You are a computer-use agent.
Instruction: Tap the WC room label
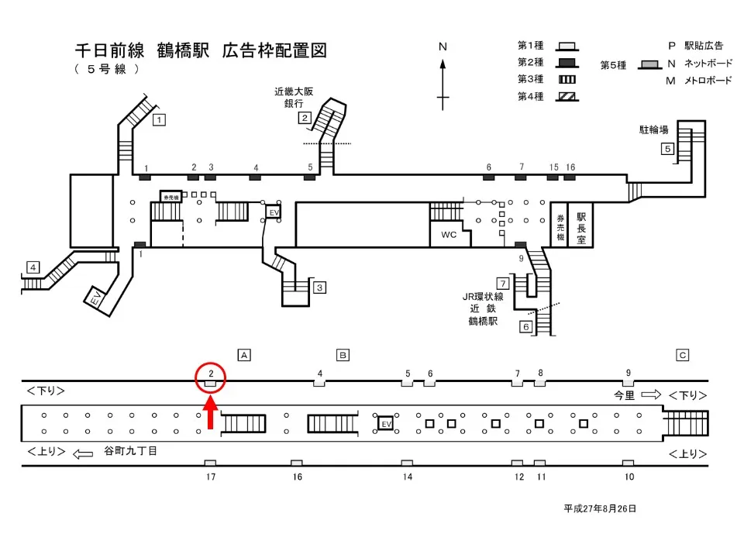pyautogui.click(x=449, y=234)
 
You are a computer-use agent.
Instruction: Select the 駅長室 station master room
pyautogui.click(x=581, y=225)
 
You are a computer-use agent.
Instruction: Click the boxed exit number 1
pyautogui.click(x=159, y=119)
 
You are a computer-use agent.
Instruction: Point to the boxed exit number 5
pyautogui.click(x=666, y=149)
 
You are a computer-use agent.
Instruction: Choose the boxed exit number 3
pyautogui.click(x=319, y=288)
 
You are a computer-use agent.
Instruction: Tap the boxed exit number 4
pyautogui.click(x=33, y=267)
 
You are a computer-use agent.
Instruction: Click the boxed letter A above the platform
pyautogui.click(x=243, y=355)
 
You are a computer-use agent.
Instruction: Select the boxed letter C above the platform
pyautogui.click(x=683, y=355)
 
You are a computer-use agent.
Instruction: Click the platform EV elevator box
pyautogui.click(x=385, y=424)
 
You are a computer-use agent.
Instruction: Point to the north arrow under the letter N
pyautogui.click(x=443, y=81)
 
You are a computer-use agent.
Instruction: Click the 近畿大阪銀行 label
pyautogui.click(x=294, y=97)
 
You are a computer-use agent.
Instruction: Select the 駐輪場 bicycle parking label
pyautogui.click(x=654, y=129)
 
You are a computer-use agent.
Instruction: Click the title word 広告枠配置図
pyautogui.click(x=274, y=51)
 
